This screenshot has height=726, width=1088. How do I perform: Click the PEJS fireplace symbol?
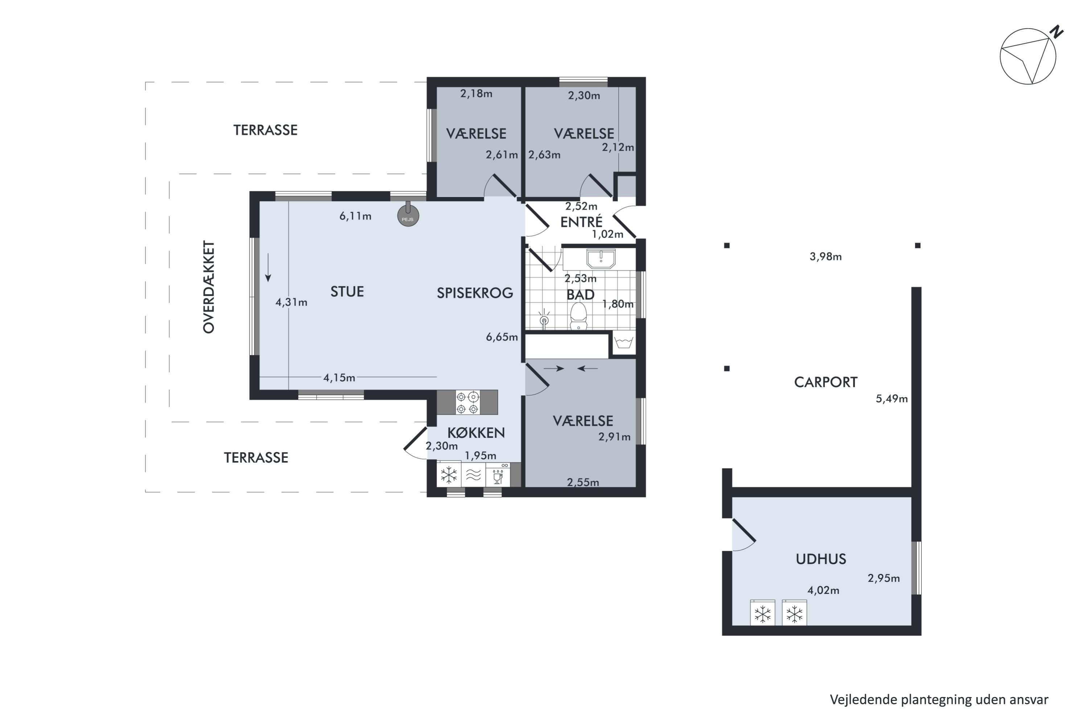pyautogui.click(x=408, y=216)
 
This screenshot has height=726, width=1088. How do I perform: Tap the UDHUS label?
pyautogui.click(x=821, y=559)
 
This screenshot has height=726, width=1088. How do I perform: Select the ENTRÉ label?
pyautogui.click(x=581, y=222)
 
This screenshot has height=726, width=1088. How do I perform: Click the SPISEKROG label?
pyautogui.click(x=475, y=293)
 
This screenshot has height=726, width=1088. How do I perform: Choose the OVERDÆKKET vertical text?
pyautogui.click(x=209, y=287)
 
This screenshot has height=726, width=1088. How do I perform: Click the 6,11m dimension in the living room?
pyautogui.click(x=355, y=216)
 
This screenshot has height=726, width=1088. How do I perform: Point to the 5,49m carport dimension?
pyautogui.click(x=891, y=399)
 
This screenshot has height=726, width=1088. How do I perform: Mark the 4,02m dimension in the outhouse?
pyautogui.click(x=823, y=590)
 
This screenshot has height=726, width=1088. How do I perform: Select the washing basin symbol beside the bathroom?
pyautogui.click(x=623, y=343)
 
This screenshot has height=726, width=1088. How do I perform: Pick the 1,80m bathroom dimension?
pyautogui.click(x=618, y=304)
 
